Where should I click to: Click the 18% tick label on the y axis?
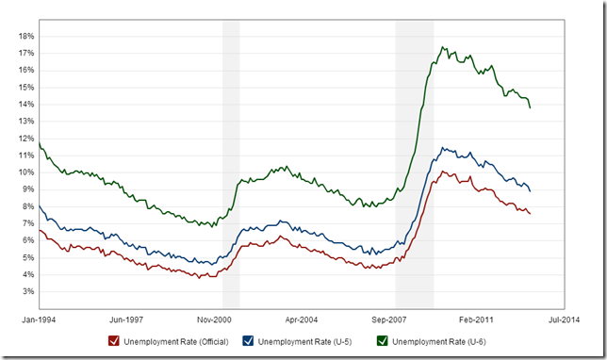26,36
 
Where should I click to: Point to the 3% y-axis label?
28,291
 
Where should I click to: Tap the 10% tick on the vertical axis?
26,172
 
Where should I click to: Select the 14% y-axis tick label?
26,104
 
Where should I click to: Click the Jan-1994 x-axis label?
39,320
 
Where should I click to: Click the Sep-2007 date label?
388,320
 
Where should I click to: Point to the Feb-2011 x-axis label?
475,320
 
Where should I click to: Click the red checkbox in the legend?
113,341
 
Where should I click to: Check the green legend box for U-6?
383,341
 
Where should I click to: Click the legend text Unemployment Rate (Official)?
176,341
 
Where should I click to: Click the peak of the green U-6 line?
443,47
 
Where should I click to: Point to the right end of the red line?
530,214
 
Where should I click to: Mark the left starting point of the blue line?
39,205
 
